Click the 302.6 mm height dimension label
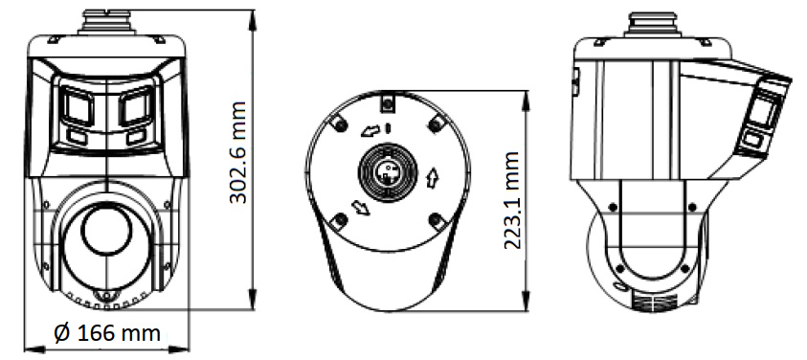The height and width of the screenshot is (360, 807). (x=237, y=152)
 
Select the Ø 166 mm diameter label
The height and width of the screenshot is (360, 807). (x=107, y=333)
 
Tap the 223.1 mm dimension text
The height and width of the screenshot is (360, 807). (x=511, y=200)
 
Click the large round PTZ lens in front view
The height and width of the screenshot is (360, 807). (x=106, y=230)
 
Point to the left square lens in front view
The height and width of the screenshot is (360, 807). (x=78, y=106)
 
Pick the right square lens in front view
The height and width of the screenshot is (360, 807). (x=136, y=106)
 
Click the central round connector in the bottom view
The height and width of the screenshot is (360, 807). (x=387, y=172)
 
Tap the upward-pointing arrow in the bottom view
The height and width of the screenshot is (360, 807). (x=432, y=179)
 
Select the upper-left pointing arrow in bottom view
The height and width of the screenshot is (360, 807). (x=370, y=132)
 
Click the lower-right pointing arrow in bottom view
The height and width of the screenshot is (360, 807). (x=360, y=208)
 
